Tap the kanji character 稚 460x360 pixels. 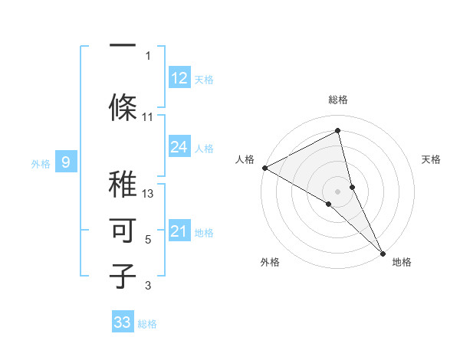click(x=123, y=184)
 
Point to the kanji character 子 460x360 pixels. click(x=123, y=276)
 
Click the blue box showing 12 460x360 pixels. click(x=179, y=78)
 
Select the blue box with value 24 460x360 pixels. click(x=179, y=147)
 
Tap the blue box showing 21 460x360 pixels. click(x=179, y=231)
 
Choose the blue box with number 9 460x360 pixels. click(x=66, y=162)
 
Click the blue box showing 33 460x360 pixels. click(x=123, y=322)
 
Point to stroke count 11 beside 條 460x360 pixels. click(x=148, y=117)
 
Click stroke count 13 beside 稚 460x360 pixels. click(x=148, y=194)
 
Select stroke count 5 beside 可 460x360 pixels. click(x=148, y=240)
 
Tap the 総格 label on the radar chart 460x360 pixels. click(x=338, y=100)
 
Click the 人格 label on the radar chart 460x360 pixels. click(x=245, y=159)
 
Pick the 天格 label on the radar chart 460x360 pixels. click(x=432, y=159)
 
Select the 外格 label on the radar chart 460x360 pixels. click(x=270, y=262)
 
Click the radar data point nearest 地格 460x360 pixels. click(x=383, y=252)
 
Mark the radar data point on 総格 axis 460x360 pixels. click(x=338, y=132)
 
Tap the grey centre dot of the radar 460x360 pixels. click(x=338, y=191)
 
